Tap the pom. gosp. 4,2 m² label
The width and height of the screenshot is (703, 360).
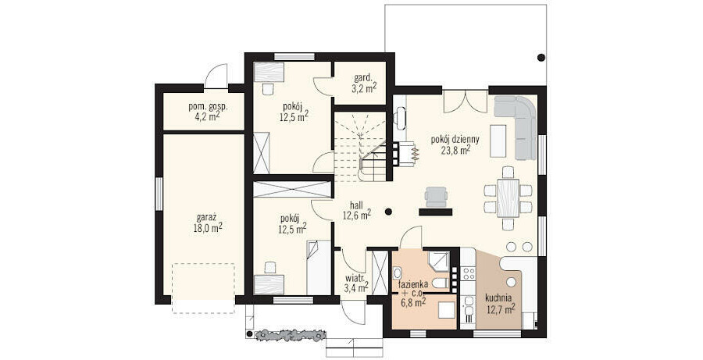[x=208, y=112]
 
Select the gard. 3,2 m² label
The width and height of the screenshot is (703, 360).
[x=364, y=84]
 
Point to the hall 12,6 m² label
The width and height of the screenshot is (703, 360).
[x=357, y=210]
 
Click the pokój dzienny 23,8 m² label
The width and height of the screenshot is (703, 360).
[x=455, y=144]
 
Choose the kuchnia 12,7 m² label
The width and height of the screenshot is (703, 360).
[x=500, y=303]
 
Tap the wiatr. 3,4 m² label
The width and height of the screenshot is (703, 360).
[x=356, y=283]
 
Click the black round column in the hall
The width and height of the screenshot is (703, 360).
[x=388, y=211]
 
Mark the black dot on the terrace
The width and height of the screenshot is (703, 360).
[x=541, y=57]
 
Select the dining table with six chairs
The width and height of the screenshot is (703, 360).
[x=508, y=198]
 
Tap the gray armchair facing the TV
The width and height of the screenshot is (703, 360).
[x=436, y=197]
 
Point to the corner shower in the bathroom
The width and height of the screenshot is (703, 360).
[x=438, y=262]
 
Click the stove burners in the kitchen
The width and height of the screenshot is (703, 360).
[x=468, y=274]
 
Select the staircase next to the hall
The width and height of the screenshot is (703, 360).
[x=360, y=147]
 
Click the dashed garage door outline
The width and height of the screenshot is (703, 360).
[x=203, y=288]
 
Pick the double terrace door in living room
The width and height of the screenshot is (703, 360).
[x=466, y=102]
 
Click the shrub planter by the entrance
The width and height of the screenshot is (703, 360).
[x=289, y=335]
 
